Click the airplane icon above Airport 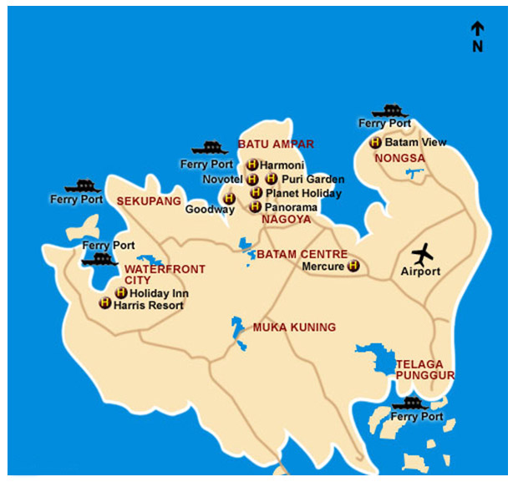pos(424,252)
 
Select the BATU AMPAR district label pos(276,145)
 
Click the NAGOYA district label pos(286,220)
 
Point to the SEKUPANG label pos(149,201)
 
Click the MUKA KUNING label pos(294,327)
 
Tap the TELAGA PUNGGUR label pos(425,370)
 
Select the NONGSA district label pos(399,158)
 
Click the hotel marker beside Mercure pos(353,266)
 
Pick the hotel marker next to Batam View pos(376,143)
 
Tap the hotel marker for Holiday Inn pos(121,293)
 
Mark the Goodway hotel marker pos(229,199)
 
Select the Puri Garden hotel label pos(302,179)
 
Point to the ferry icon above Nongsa pos(389,111)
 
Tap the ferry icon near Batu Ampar pos(210,149)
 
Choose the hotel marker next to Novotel pos(251,179)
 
